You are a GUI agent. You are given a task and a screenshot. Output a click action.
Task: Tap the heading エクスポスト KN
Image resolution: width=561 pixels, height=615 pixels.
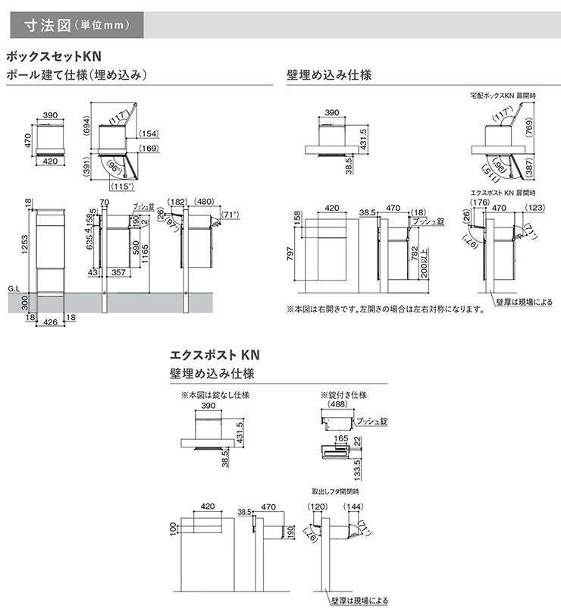pyautogui.click(x=216, y=354)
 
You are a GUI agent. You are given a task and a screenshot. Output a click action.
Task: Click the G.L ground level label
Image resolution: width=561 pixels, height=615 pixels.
pyautogui.click(x=13, y=288)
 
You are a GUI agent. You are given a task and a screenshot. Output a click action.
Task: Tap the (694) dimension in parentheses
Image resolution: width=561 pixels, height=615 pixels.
pyautogui.click(x=87, y=123)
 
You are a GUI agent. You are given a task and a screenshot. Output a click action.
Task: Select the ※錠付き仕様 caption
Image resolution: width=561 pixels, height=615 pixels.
pyautogui.click(x=343, y=395)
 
